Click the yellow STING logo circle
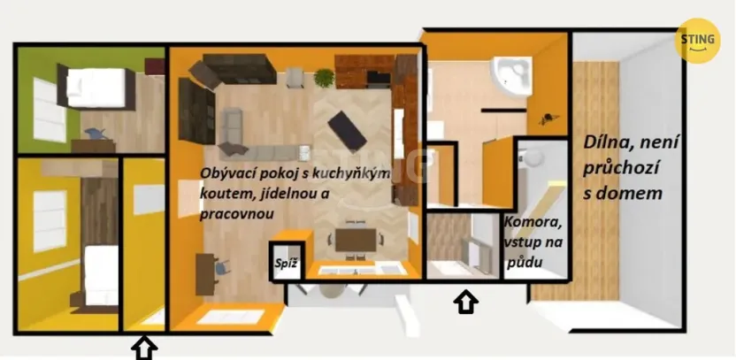pyautogui.click(x=697, y=41)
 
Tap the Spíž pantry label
pyautogui.click(x=286, y=263)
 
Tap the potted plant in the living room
pyautogui.click(x=325, y=78)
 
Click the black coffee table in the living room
pyautogui.click(x=347, y=130)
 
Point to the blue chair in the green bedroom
pyautogui.click(x=96, y=134)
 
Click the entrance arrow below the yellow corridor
pyautogui.click(x=144, y=348)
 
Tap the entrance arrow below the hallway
pyautogui.click(x=466, y=303)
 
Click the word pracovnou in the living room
pyautogui.click(x=237, y=213)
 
